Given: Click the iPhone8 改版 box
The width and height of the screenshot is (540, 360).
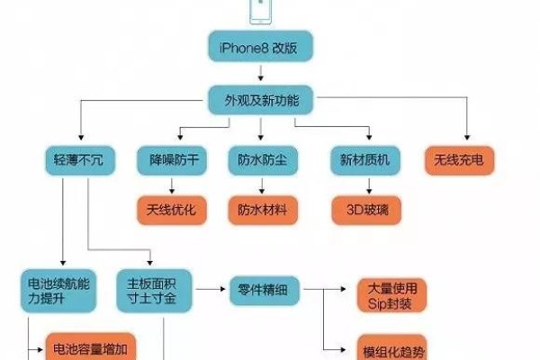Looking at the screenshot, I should coord(260,48).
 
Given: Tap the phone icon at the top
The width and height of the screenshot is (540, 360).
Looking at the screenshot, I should coord(259,11).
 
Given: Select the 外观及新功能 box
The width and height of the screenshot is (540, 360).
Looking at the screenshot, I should coord(259,100).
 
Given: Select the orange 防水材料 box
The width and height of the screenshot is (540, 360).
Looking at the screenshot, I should coord(262,210).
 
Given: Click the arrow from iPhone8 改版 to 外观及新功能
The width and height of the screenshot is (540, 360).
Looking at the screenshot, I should coord(259,74).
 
